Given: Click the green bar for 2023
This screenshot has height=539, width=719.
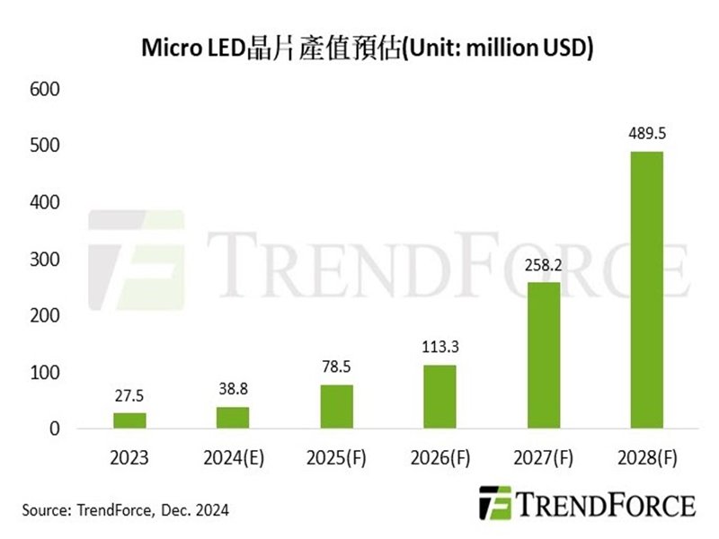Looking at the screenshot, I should pyautogui.click(x=129, y=420).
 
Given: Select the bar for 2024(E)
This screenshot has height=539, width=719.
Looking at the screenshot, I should pyautogui.click(x=233, y=418).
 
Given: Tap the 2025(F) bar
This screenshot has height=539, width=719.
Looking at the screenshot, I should pyautogui.click(x=336, y=406).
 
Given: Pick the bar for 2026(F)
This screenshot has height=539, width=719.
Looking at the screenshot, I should pyautogui.click(x=439, y=396).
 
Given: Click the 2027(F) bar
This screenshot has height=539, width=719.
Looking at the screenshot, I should pyautogui.click(x=543, y=355).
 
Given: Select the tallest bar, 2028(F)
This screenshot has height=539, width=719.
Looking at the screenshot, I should pyautogui.click(x=646, y=289).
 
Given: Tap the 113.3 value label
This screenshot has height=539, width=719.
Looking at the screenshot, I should pyautogui.click(x=439, y=348).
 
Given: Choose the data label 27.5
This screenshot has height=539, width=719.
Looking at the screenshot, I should pyautogui.click(x=129, y=395).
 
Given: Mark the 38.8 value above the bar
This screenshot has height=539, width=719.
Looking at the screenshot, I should pyautogui.click(x=233, y=389).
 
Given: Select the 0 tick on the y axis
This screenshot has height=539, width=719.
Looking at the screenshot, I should pyautogui.click(x=53, y=429).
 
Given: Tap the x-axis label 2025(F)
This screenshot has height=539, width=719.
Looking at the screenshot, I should pyautogui.click(x=336, y=458).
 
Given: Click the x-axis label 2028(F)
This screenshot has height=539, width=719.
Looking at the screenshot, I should pyautogui.click(x=646, y=458).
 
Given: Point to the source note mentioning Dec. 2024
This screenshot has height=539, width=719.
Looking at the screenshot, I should pyautogui.click(x=126, y=510).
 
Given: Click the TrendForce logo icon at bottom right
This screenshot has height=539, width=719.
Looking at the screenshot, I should pyautogui.click(x=494, y=503).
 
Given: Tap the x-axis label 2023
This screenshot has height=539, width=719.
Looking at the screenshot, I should pyautogui.click(x=129, y=458).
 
